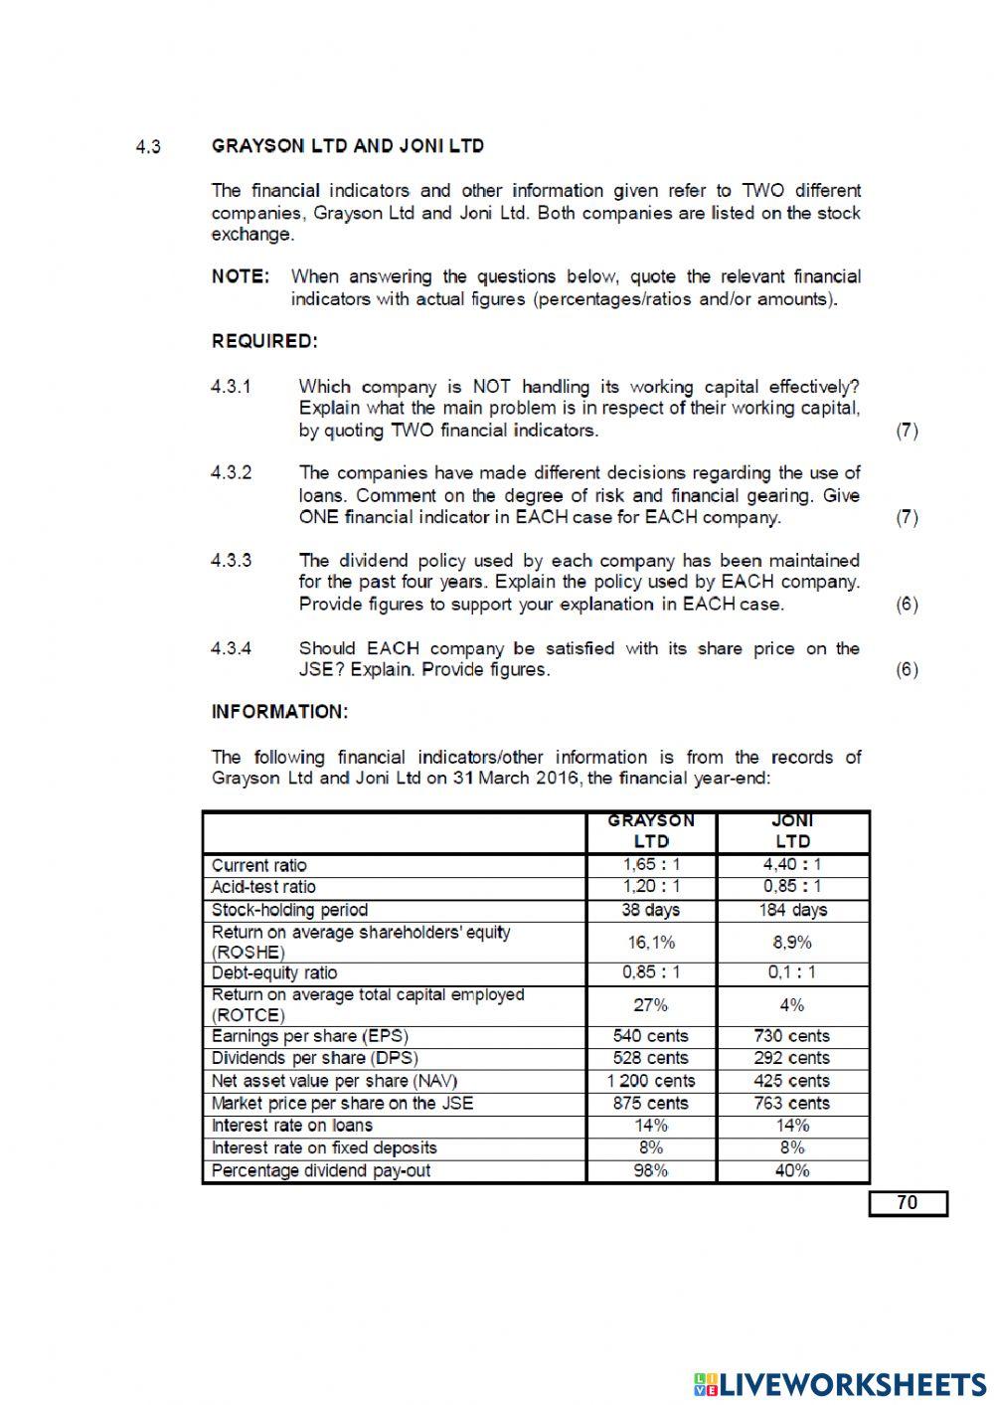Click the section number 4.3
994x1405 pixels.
(x=148, y=147)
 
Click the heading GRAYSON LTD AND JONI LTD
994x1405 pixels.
(x=347, y=146)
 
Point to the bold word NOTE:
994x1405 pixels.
(x=240, y=276)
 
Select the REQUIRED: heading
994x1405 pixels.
(x=264, y=341)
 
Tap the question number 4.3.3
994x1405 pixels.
(x=231, y=561)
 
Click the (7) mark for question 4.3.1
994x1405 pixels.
(x=907, y=431)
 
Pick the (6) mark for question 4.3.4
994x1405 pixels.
(x=907, y=669)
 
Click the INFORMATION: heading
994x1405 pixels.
(x=279, y=712)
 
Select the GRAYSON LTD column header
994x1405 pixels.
(x=651, y=831)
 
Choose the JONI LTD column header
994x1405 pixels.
(x=792, y=831)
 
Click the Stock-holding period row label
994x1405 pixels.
(x=289, y=910)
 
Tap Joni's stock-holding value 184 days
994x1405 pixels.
(x=792, y=910)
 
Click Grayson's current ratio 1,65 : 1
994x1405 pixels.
(x=651, y=865)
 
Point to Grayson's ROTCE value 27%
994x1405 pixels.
(x=651, y=1005)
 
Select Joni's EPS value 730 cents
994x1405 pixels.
(x=792, y=1036)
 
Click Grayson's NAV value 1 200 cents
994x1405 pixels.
(x=651, y=1081)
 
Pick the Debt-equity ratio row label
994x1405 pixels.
(x=274, y=973)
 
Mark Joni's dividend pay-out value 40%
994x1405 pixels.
(x=792, y=1170)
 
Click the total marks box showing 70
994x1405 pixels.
(x=908, y=1203)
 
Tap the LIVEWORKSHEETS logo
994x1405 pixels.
(x=840, y=1384)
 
